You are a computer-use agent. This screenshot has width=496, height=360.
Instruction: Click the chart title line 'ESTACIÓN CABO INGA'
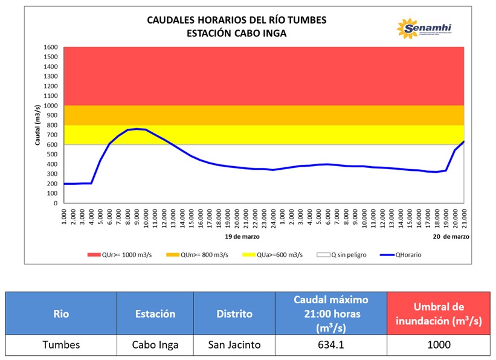[237, 34]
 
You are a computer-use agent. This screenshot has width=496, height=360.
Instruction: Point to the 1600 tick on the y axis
[51, 47]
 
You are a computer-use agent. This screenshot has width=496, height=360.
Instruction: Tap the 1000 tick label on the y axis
[51, 106]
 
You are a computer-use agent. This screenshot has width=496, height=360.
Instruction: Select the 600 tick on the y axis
[53, 145]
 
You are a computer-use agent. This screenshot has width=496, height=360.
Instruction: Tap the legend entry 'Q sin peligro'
[341, 254]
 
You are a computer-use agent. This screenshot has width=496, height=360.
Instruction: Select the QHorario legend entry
[401, 254]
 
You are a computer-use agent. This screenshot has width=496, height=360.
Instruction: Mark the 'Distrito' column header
[234, 314]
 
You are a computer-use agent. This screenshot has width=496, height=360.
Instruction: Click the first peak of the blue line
[137, 129]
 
